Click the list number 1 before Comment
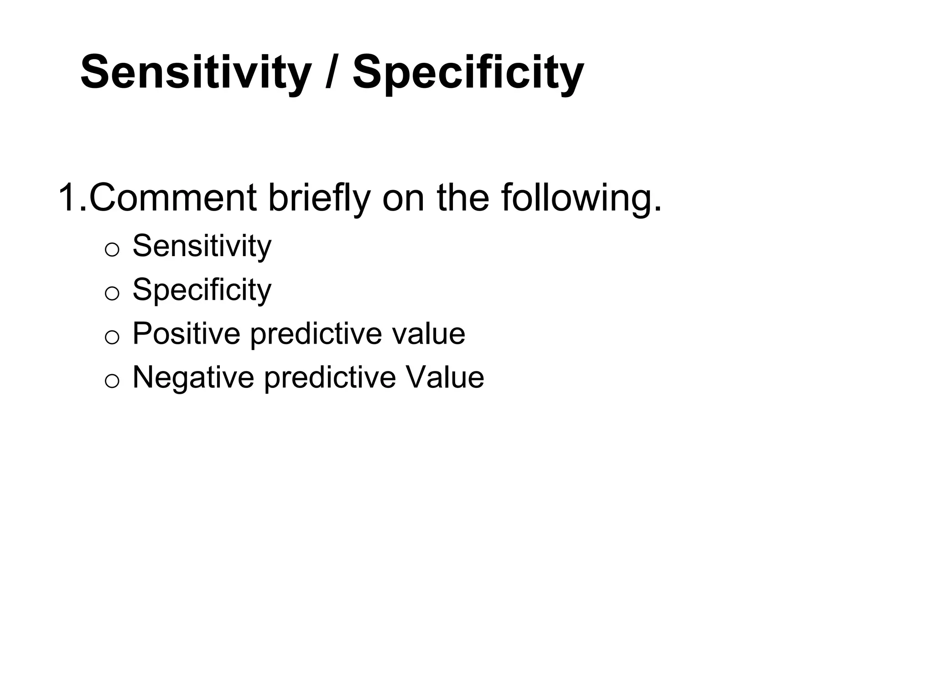pyautogui.click(x=67, y=197)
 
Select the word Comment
pyautogui.click(x=173, y=197)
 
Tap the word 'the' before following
pyautogui.click(x=462, y=197)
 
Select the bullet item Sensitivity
pyautogui.click(x=202, y=246)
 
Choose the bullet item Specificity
pyautogui.click(x=202, y=290)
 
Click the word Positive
pyautogui.click(x=186, y=334)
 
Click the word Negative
pyautogui.click(x=193, y=378)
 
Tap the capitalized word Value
pyautogui.click(x=444, y=378)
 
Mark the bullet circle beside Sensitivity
pyautogui.click(x=112, y=250)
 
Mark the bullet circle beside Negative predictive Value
pyautogui.click(x=112, y=381)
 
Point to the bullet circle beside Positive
pyautogui.click(x=112, y=337)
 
